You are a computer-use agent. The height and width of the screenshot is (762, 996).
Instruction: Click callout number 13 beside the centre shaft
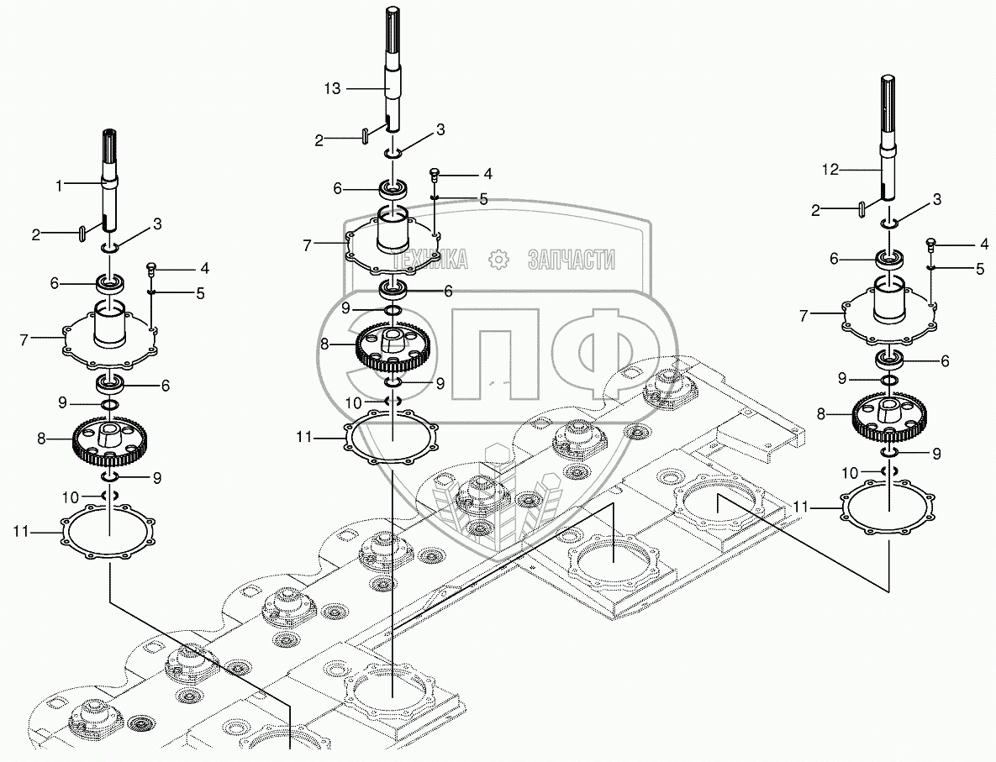click(332, 88)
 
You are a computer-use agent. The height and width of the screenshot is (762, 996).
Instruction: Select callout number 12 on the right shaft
click(830, 170)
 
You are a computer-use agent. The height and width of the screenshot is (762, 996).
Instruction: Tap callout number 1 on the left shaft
click(59, 186)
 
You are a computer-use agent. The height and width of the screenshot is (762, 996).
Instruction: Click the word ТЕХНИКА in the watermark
click(430, 259)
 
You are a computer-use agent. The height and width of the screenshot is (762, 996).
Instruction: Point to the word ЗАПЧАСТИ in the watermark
click(571, 259)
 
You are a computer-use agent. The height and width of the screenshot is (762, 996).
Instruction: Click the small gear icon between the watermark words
click(498, 259)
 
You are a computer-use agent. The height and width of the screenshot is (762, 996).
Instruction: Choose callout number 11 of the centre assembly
click(304, 438)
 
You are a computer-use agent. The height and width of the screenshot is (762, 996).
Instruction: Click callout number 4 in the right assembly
click(984, 244)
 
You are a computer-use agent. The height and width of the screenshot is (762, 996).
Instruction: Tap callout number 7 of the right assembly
click(804, 316)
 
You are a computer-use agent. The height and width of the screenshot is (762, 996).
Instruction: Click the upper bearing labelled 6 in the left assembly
click(110, 283)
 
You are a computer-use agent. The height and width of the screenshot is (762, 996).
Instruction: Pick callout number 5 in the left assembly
click(201, 293)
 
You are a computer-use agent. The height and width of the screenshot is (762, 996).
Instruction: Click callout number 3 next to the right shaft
click(936, 199)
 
